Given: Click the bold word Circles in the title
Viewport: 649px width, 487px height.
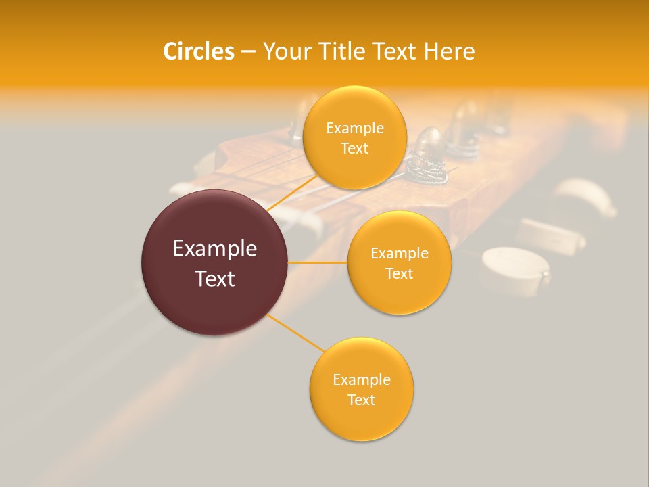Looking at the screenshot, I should point(198,51).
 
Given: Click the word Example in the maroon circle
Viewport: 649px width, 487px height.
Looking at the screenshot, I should point(215,249).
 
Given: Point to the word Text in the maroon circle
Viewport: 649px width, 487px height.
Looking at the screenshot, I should point(215,279).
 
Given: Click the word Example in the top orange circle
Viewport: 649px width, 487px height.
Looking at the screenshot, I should point(355,129).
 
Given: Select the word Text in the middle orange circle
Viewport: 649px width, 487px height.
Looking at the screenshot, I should point(399,274).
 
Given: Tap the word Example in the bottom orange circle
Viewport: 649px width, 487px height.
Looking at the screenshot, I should point(361,380).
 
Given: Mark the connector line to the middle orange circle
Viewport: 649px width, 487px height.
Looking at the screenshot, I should point(318,262).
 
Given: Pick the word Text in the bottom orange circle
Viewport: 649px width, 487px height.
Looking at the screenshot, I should point(361,400).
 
